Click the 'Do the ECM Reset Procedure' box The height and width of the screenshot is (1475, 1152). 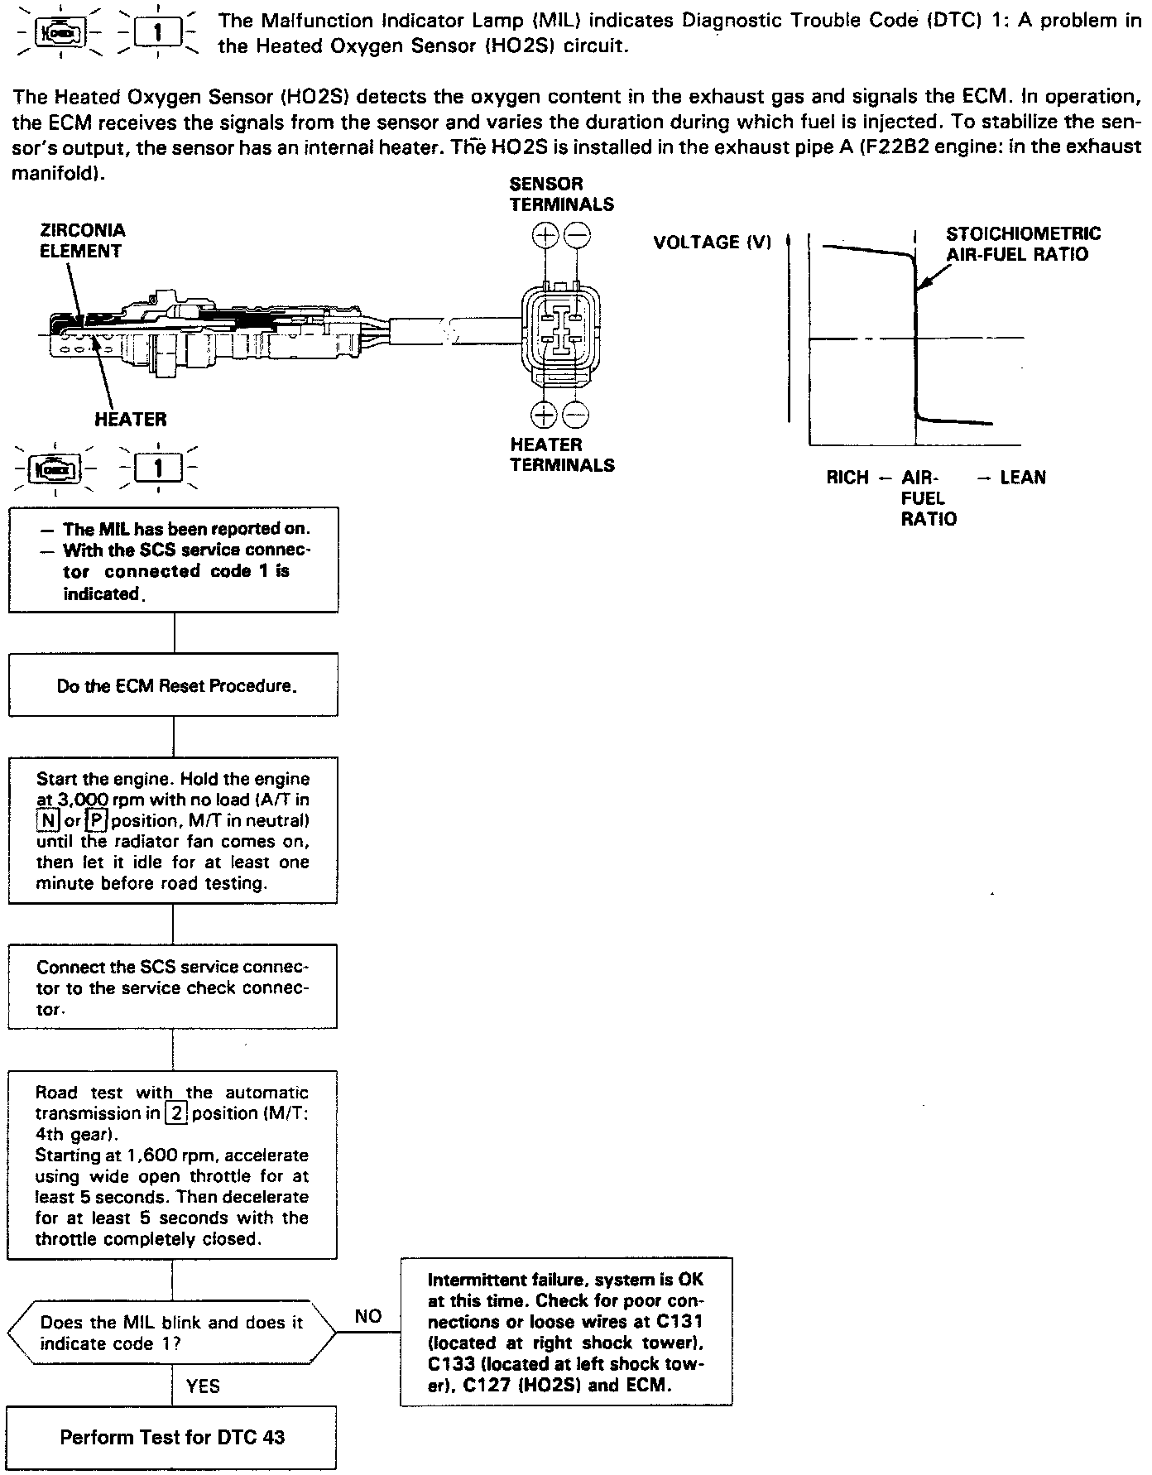pos(173,685)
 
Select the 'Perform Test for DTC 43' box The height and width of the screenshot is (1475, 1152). pos(172,1436)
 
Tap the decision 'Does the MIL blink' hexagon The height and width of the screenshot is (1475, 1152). pos(172,1333)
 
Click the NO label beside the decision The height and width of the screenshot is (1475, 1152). pos(367,1316)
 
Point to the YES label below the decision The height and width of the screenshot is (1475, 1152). pos(203,1386)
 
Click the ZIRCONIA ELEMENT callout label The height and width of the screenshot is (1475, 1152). pos(82,241)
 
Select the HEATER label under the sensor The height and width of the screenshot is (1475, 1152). pos(130,419)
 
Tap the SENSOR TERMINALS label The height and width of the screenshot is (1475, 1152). pos(561,194)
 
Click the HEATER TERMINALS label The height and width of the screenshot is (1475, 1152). pos(562,454)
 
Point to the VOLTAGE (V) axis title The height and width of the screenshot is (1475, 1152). pos(712,243)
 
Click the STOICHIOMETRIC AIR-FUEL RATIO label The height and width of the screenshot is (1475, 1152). pos(1023,244)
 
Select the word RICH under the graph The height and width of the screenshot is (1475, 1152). pos(847,478)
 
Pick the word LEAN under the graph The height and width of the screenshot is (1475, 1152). pos(1023,478)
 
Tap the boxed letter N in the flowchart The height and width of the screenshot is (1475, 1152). pos(46,821)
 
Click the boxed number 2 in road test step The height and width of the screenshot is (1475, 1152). pos(176,1113)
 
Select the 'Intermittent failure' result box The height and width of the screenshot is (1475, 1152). pos(566,1332)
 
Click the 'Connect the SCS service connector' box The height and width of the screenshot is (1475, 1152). pos(173,987)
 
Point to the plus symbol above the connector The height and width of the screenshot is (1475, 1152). pos(545,236)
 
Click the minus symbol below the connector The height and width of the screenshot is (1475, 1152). pos(576,414)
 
